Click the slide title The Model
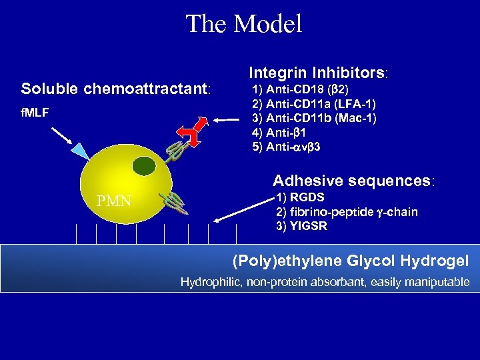coord(243,24)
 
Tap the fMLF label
coord(35,113)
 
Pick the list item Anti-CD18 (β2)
coord(299,89)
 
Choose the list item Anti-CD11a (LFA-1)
coord(314,104)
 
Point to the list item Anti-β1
coord(279,133)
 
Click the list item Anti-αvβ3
coord(286,147)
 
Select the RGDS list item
coord(300,197)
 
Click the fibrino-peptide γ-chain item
coord(347,212)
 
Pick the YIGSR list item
coord(301,226)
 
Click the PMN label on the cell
coord(114,201)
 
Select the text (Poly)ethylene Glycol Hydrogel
coord(350,261)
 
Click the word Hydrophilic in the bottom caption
coord(210,282)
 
